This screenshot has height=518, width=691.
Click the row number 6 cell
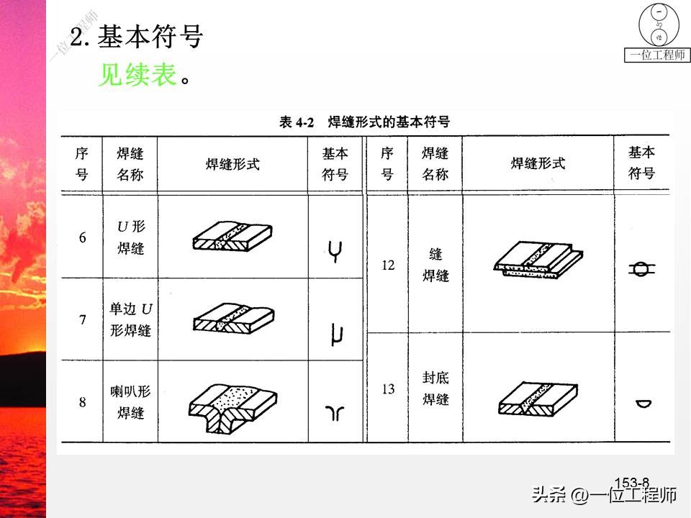point(83,238)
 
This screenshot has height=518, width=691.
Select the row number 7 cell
point(83,320)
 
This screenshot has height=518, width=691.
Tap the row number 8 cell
point(83,402)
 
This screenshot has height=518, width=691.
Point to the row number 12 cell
point(388,265)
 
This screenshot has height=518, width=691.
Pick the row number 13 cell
point(388,389)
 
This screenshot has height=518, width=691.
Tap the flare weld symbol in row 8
point(335,412)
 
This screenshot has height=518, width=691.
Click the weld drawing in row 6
point(233,235)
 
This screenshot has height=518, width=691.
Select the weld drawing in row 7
point(233,318)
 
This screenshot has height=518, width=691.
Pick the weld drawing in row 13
point(538,398)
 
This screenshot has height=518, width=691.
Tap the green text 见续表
point(137,74)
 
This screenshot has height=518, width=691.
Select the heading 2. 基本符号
point(136,37)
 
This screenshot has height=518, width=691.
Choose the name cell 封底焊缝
point(435,388)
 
